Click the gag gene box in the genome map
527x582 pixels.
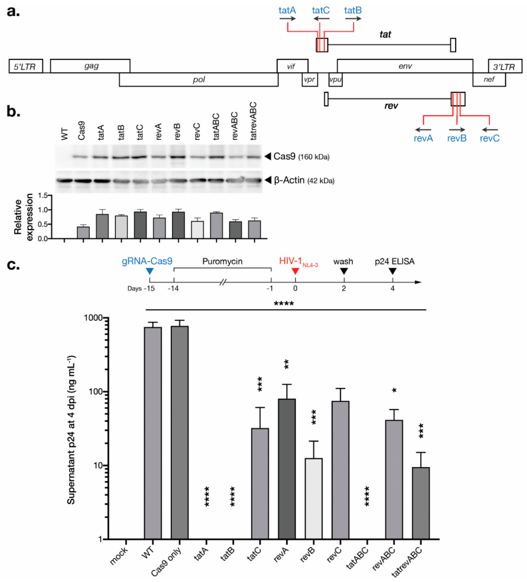[x=90, y=66]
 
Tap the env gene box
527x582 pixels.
[x=405, y=66]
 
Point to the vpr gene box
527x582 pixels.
[x=310, y=80]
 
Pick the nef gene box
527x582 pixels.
[x=489, y=80]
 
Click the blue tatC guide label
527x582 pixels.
[x=320, y=10]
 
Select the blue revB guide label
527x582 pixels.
[x=457, y=138]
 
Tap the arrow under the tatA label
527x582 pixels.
[x=287, y=19]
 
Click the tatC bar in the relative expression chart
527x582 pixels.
[x=140, y=225]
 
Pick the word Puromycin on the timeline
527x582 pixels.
[x=222, y=261]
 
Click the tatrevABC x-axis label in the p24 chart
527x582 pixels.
[x=407, y=562]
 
